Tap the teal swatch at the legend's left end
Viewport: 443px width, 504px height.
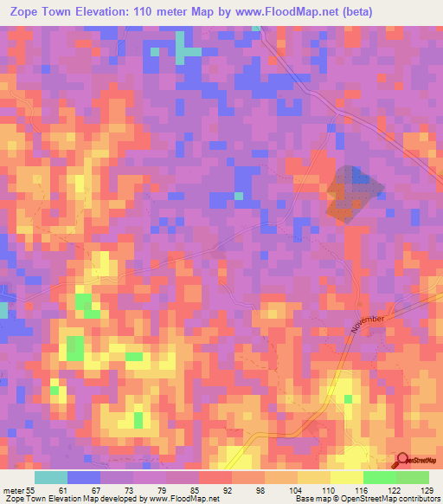coord(51,477)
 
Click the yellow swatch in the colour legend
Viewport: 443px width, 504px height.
coord(346,477)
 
